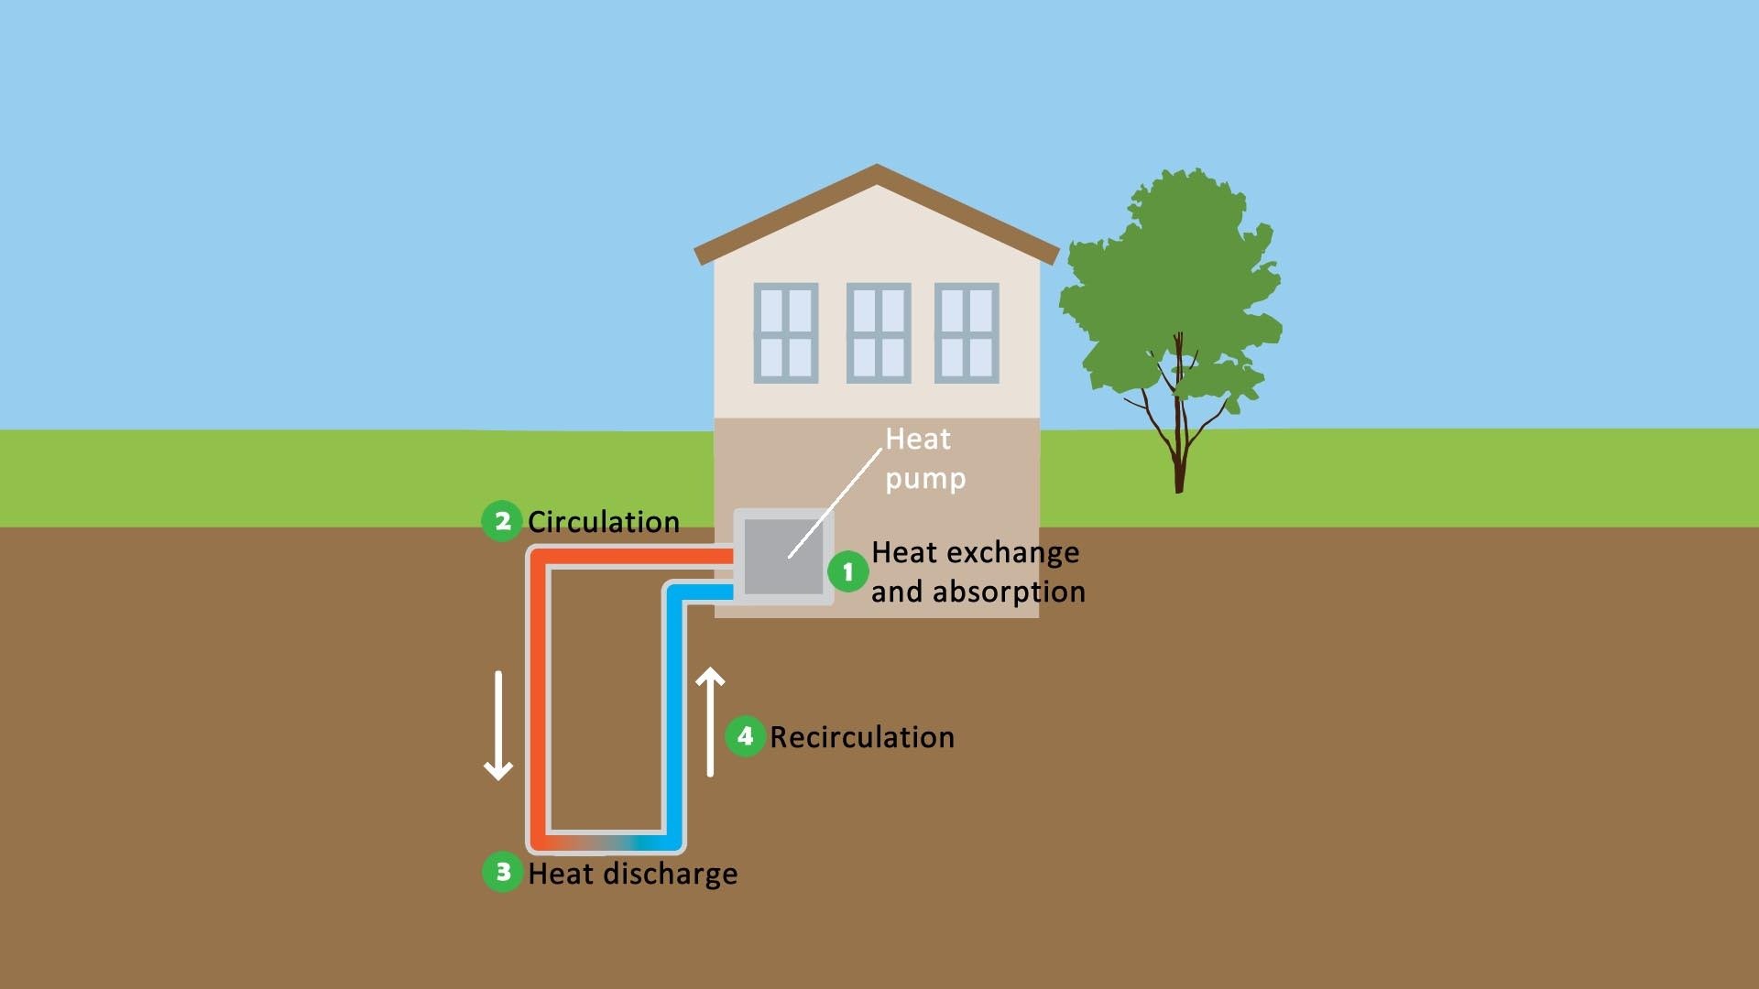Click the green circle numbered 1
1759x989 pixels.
pos(847,572)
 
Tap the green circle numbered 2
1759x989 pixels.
pos(502,521)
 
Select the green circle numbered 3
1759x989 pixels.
pos(502,872)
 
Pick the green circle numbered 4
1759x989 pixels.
pos(745,736)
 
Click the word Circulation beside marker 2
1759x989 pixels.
pos(604,522)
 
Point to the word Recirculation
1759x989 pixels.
pos(862,737)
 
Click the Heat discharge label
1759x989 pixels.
pos(633,874)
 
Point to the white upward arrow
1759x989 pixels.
pos(710,723)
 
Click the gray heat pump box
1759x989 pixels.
pos(783,556)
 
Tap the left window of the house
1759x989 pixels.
pos(785,332)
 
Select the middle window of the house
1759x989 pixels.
pos(878,332)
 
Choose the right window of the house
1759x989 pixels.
pos(967,332)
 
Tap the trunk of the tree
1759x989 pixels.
pos(1180,449)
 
